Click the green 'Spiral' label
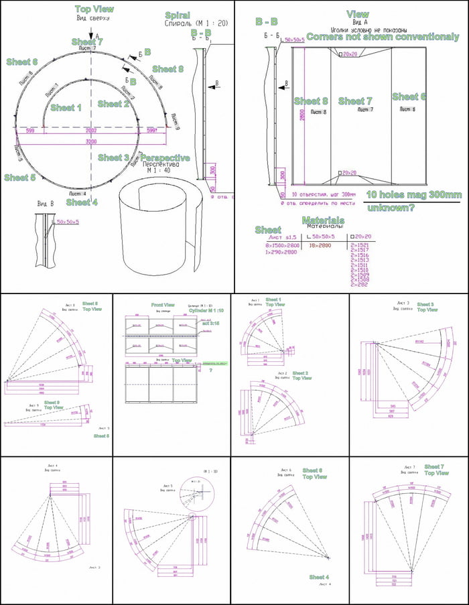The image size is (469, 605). [178, 15]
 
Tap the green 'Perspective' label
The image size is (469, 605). [165, 158]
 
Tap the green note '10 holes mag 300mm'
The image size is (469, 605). [414, 194]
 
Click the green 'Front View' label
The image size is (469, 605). [163, 304]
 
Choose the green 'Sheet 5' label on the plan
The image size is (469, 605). [19, 178]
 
